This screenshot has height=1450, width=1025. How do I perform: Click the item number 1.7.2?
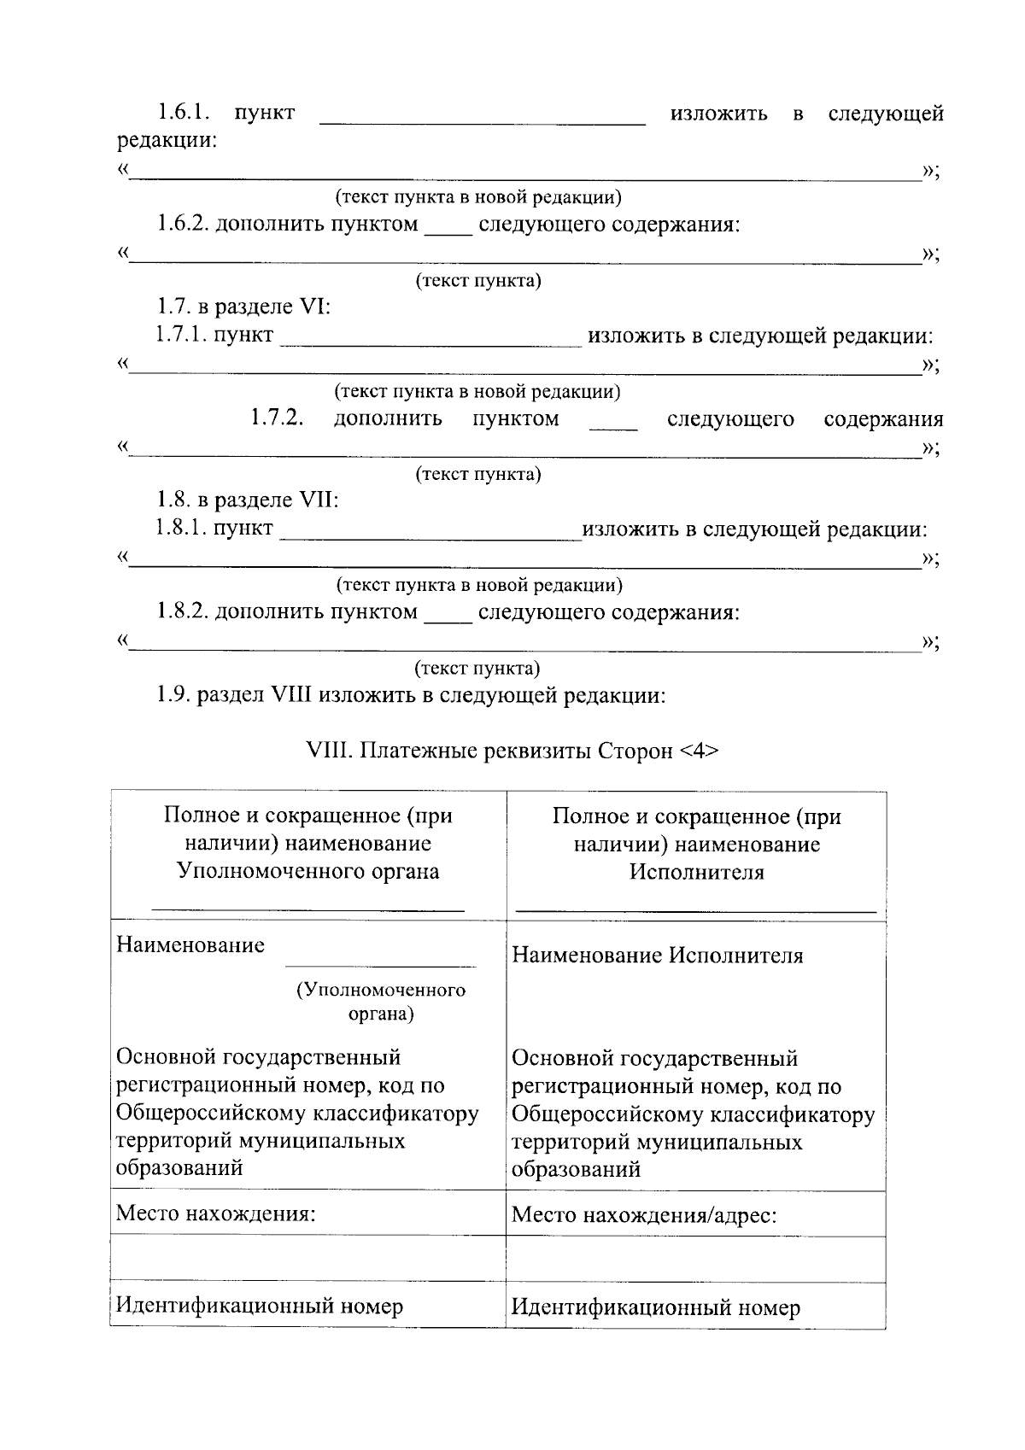click(x=277, y=418)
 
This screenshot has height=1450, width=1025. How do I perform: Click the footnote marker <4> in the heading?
click(x=700, y=751)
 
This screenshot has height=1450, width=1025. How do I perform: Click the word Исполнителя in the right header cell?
click(x=697, y=872)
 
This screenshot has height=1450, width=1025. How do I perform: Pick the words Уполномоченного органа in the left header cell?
click(x=307, y=871)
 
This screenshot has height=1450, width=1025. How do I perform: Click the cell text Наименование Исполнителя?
click(x=658, y=956)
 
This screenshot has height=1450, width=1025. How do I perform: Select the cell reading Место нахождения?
click(x=216, y=1213)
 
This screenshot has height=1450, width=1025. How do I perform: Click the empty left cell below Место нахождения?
click(x=307, y=1258)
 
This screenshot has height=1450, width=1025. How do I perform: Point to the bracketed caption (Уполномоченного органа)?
click(x=381, y=1002)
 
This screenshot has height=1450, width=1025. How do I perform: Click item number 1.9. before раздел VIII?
click(x=173, y=695)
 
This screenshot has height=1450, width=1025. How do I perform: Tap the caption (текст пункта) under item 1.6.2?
click(x=478, y=281)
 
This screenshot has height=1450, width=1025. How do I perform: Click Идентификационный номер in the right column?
click(x=655, y=1307)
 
